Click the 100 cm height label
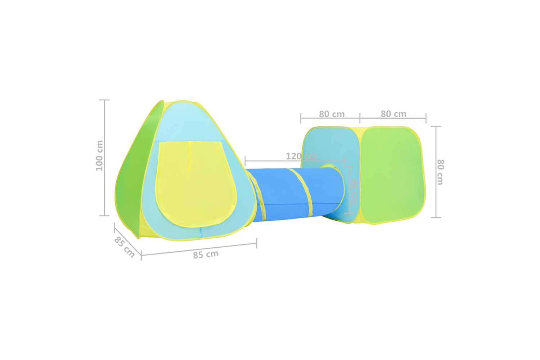(100, 156)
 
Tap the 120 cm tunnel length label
(301, 156)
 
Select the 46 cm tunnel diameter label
(354, 191)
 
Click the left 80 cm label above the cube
(332, 114)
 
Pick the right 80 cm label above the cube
(393, 114)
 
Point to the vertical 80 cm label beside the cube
(440, 172)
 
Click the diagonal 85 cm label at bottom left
(124, 247)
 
